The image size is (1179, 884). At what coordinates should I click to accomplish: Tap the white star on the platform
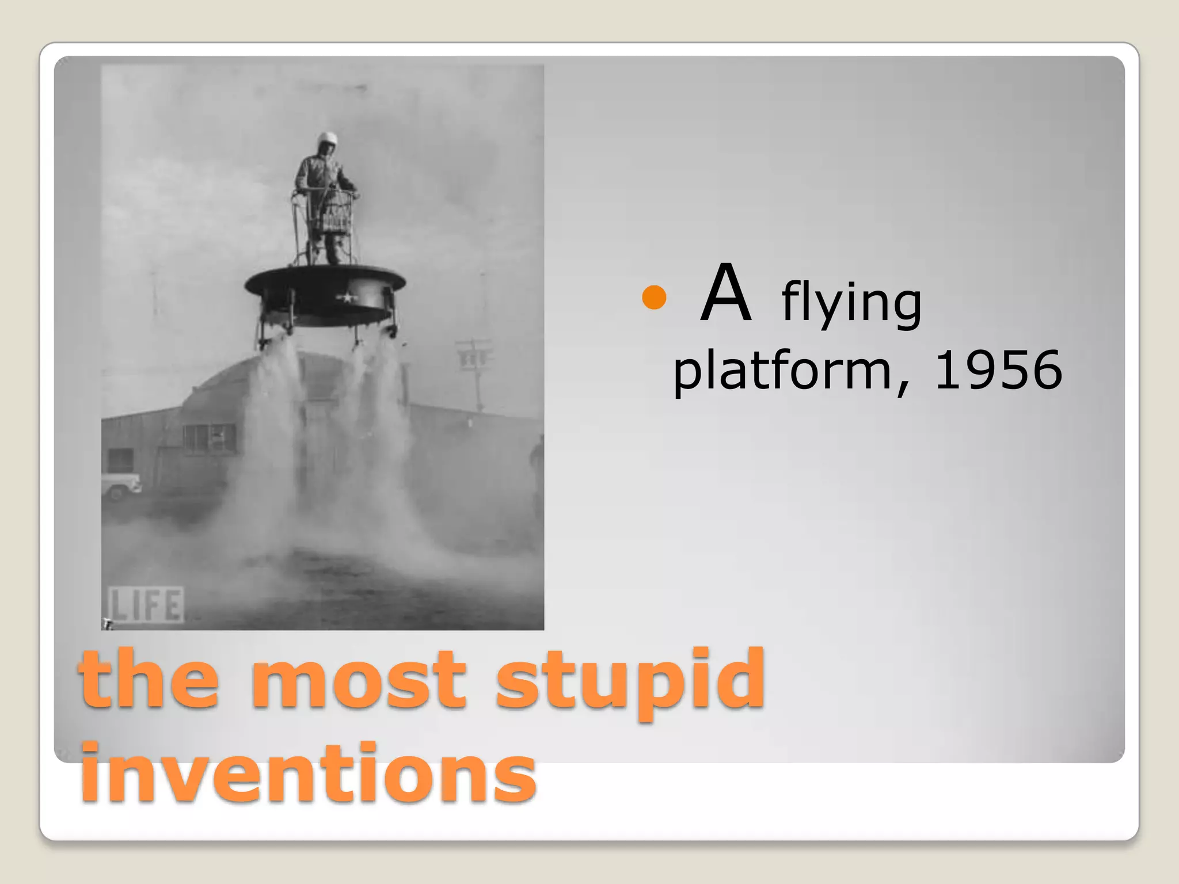click(347, 298)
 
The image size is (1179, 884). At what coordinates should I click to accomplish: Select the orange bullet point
click(654, 298)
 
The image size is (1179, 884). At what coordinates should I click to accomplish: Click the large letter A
click(726, 294)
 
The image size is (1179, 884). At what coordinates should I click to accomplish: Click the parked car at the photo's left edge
click(120, 485)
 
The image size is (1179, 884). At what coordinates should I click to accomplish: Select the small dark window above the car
click(120, 460)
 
